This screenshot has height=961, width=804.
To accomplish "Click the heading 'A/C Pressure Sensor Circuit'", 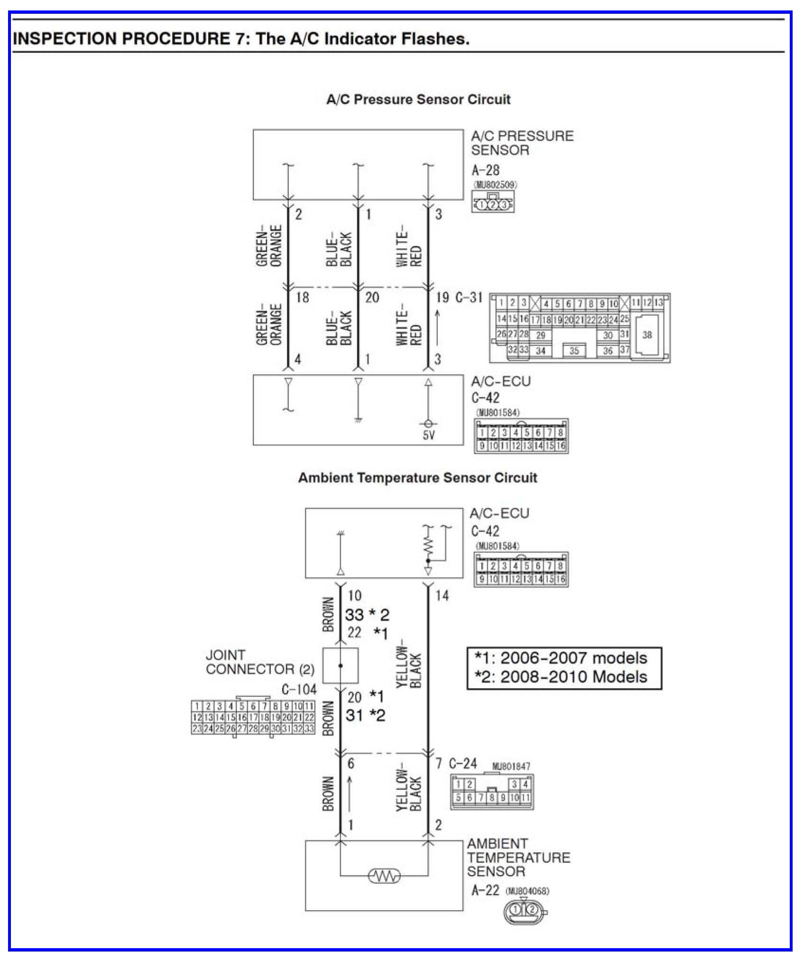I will coord(418,100).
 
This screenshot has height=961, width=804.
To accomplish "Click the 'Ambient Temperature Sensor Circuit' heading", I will coord(417,477).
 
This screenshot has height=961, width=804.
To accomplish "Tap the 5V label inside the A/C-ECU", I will coord(428,435).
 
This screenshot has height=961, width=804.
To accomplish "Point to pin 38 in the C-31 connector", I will coord(647,335).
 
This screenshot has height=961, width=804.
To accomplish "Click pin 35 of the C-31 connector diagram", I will coord(574,351).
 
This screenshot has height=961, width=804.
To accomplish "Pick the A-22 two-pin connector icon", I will coord(524,909).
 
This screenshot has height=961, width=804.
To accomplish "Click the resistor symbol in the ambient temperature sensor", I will coord(384,876).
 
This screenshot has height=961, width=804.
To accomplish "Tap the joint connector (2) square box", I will coord(340,665).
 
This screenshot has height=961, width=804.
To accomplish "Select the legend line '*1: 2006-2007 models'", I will coord(561,658).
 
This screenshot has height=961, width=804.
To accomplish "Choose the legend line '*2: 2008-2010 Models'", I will coord(561,677).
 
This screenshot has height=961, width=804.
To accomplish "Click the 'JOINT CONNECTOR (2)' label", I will coord(260,662).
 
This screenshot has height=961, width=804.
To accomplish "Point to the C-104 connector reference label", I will coord(299,689).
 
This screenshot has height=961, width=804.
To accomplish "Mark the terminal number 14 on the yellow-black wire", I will coord(442,596).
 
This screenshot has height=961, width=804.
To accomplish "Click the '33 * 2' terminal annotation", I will coord(367,615).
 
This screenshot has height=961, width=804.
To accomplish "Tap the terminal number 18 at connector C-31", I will coord(302,298).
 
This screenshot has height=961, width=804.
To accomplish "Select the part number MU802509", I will coord(495,185).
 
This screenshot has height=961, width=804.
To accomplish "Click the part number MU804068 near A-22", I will coord(527,891).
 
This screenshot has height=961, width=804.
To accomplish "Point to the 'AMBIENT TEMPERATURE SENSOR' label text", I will coord(518,858).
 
